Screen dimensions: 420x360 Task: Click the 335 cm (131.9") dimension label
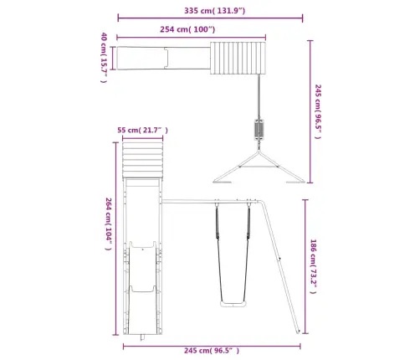(214, 11)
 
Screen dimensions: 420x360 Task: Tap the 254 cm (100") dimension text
(187, 29)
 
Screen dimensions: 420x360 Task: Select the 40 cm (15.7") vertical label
(104, 58)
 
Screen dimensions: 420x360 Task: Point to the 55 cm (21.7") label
(142, 130)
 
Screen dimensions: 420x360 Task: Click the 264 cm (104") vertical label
(109, 224)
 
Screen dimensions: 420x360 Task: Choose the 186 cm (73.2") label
(314, 266)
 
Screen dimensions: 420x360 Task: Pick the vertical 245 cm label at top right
(318, 111)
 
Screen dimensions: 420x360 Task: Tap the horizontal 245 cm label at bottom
(212, 351)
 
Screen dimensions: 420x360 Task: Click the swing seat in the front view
(233, 304)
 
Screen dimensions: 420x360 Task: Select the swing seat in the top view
(259, 130)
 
